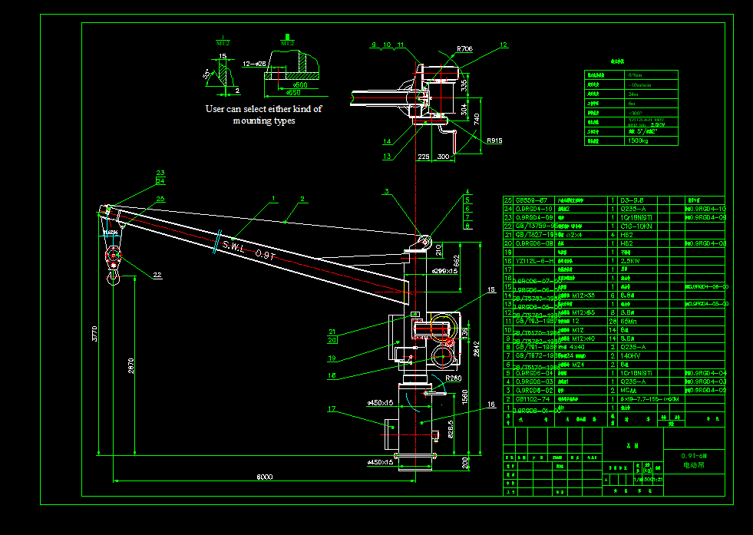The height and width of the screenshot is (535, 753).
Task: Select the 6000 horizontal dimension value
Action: coord(264,477)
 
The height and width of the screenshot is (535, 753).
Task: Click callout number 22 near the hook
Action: coord(157,275)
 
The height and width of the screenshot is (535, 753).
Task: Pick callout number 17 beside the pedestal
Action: coord(332,409)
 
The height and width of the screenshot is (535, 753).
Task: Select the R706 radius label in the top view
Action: coord(465,49)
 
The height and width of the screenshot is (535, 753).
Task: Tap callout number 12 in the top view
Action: coord(504,45)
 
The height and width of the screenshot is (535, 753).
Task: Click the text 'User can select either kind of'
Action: coord(263,109)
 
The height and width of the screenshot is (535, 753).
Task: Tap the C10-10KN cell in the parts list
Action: coord(636,226)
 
